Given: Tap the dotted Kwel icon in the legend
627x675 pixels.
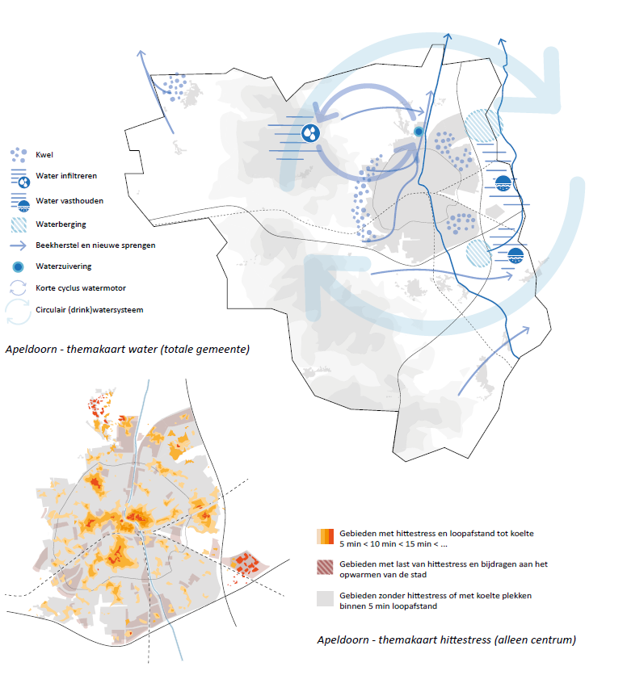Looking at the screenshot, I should coord(17,153).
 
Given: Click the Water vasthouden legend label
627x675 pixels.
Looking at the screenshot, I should coord(69,200).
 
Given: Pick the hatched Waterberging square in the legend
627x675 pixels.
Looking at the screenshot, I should coord(17,224).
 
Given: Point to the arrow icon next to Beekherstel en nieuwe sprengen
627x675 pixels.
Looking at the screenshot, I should coord(17,245).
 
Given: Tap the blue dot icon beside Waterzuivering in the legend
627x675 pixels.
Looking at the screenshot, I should coord(17,266).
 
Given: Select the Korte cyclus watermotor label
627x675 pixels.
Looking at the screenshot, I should coord(82,287).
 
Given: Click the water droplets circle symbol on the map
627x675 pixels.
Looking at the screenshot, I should coord(310,132).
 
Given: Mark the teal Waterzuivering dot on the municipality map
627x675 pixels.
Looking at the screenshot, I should coord(419,131).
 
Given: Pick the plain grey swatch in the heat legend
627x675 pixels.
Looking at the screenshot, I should coord(326,598).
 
